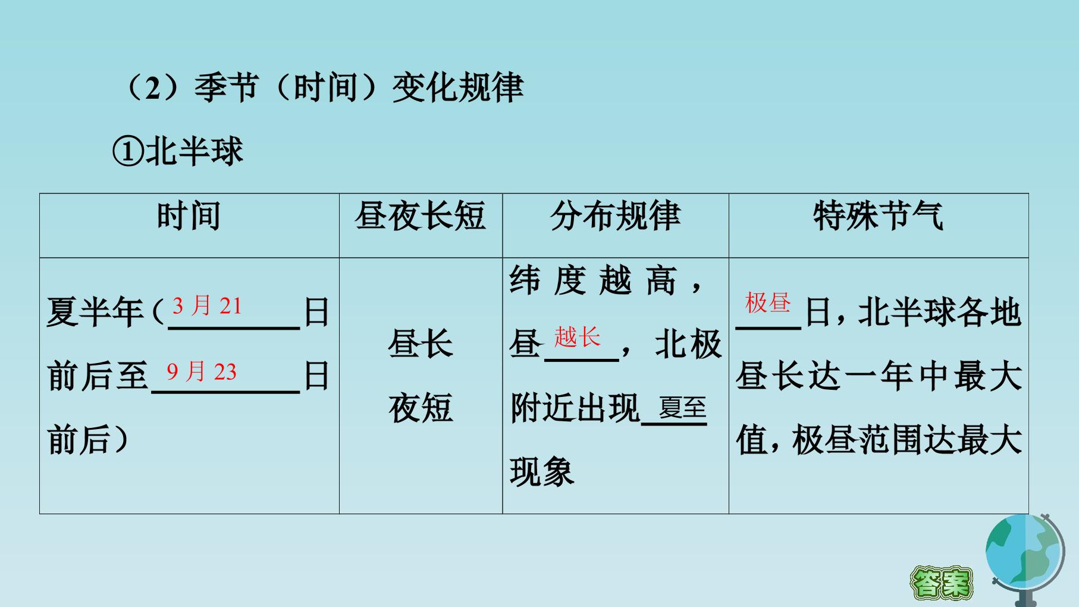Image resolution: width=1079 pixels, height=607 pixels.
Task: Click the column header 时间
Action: pos(189,215)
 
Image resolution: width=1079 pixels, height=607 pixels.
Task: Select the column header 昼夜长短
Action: pos(421,215)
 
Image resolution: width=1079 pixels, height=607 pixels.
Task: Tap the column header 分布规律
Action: pos(615,215)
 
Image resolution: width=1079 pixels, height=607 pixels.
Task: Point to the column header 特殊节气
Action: pos(878,215)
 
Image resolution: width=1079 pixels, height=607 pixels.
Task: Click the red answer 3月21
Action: pos(207,306)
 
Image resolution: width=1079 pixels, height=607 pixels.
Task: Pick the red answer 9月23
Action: pos(202,372)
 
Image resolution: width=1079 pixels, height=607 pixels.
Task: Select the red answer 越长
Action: pos(577,337)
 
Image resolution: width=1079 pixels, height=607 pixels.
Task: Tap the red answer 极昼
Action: pos(768,303)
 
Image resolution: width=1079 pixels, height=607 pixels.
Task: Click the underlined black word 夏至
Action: pos(682,408)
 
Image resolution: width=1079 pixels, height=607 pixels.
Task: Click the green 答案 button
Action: pos(941,582)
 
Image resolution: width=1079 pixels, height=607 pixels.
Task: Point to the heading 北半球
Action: pos(195,151)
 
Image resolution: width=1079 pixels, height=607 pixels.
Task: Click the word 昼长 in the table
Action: pos(421,344)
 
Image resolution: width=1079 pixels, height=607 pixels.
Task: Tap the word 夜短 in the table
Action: pos(421,408)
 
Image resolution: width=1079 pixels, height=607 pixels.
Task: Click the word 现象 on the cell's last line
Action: pos(542,472)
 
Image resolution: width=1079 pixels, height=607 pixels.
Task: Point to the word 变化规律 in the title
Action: pos(457,87)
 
